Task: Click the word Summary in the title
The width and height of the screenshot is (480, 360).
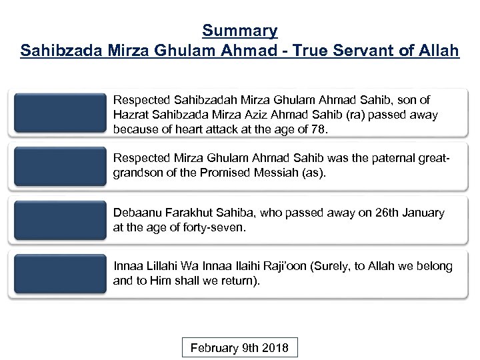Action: point(240,30)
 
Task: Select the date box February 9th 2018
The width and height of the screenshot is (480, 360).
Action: point(240,348)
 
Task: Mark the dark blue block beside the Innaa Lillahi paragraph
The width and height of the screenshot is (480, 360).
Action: point(58,273)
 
